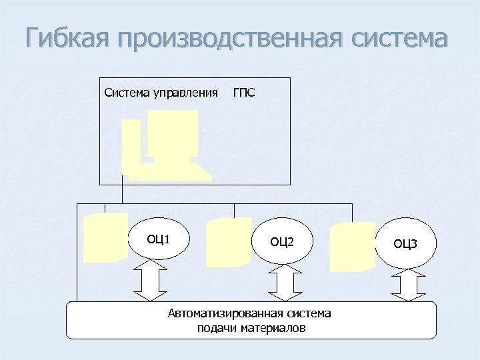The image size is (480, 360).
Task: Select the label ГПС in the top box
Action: pyautogui.click(x=243, y=92)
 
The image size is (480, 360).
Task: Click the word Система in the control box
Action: pyautogui.click(x=127, y=92)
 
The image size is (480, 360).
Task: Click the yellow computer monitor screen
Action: pyautogui.click(x=173, y=133)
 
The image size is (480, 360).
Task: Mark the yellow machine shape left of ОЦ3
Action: pyautogui.click(x=352, y=246)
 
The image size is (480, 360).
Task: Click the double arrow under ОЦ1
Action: pyautogui.click(x=150, y=281)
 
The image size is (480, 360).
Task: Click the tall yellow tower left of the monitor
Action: pyautogui.click(x=132, y=145)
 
